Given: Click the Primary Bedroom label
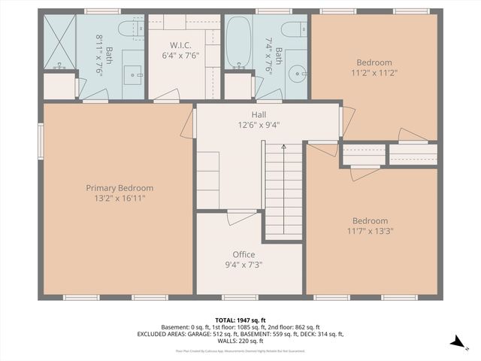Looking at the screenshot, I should click(119, 188).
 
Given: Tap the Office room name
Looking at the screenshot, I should click(244, 255).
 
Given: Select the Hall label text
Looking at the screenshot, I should click(259, 115).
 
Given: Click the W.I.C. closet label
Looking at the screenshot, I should click(183, 44).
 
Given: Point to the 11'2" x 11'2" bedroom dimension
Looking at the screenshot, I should click(374, 74).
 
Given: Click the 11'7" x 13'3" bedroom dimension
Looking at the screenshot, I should click(371, 231).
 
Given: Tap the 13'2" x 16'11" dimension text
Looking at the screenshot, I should click(119, 199).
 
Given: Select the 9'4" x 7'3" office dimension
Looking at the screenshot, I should click(244, 265).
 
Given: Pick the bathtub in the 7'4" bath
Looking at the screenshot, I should click(238, 43).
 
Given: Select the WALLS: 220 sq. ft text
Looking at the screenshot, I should click(240, 341).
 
